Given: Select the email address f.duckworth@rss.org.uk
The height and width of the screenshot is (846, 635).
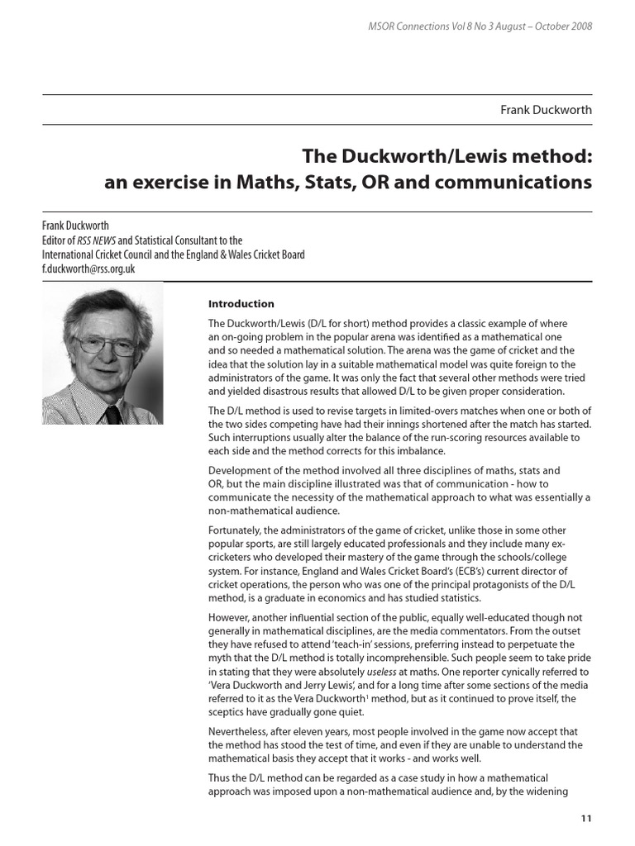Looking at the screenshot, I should click(88, 269).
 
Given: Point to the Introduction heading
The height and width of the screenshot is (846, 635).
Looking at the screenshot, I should click(241, 303).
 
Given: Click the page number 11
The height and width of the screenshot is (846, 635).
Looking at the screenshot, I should click(585, 819).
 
